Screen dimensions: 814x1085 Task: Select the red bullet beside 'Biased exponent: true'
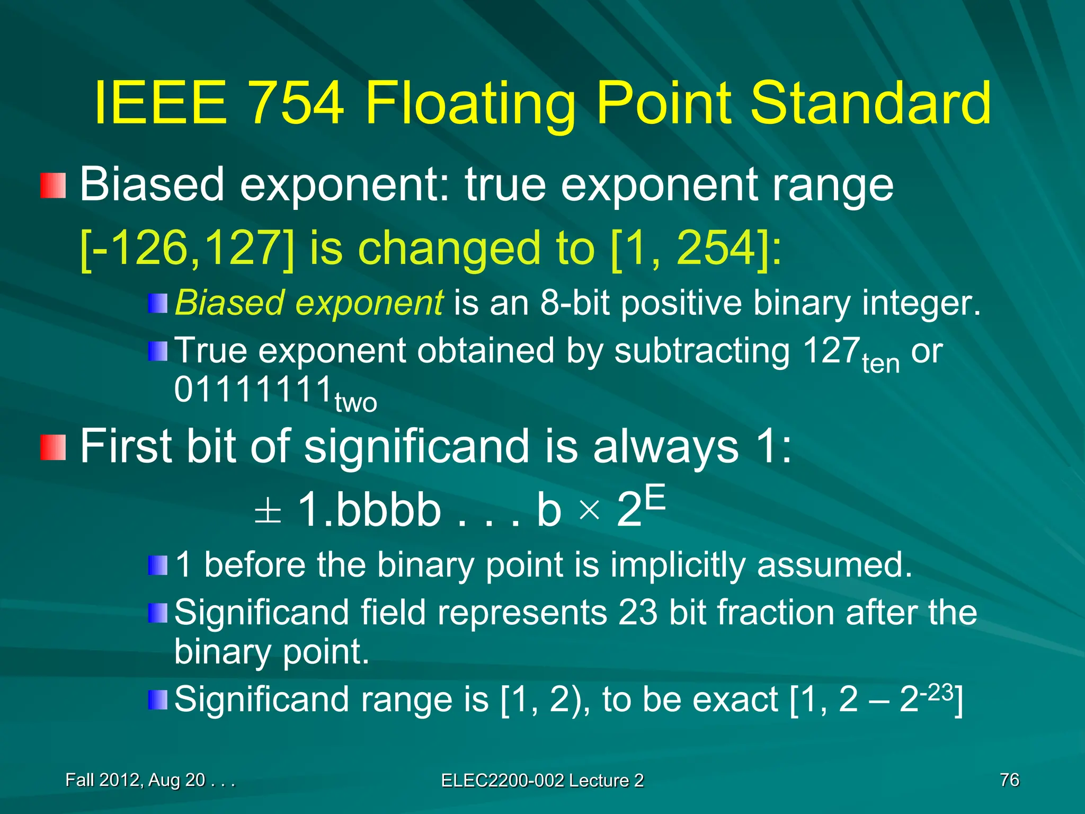coord(53,185)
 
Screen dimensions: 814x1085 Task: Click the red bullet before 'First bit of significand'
coord(53,447)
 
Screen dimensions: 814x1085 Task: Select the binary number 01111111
coord(253,390)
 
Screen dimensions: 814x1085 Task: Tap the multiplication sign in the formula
coord(589,511)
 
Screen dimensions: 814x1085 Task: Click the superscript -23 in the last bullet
coord(936,693)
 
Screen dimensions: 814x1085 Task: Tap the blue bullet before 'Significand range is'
coord(157,700)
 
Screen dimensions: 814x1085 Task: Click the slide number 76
coord(1009,780)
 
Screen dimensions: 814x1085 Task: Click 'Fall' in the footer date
coord(80,780)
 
